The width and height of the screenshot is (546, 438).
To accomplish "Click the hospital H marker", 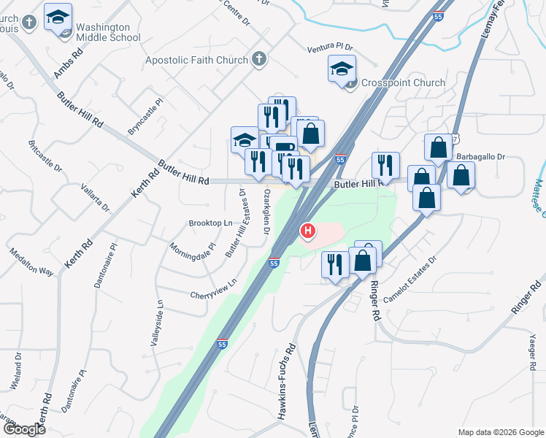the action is (308, 232).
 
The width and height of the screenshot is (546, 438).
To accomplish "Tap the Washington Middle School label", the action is (108, 32).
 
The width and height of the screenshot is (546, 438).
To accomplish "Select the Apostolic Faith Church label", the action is (198, 60).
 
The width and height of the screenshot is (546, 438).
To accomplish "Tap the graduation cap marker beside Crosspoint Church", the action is (341, 69).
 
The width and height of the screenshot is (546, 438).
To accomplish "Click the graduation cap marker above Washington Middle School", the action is (58, 18).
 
